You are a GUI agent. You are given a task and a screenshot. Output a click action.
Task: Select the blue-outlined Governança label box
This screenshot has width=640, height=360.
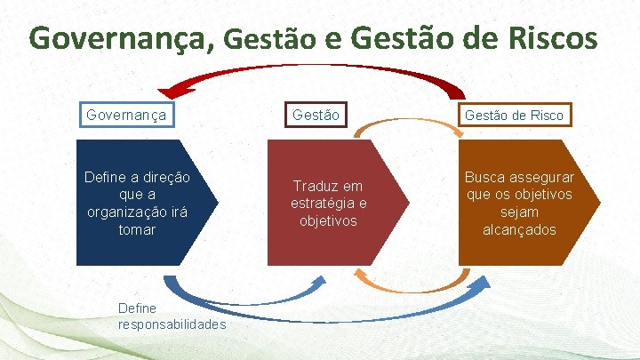click(x=126, y=115)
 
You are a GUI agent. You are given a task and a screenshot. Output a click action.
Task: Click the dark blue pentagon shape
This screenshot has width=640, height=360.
click(x=142, y=203)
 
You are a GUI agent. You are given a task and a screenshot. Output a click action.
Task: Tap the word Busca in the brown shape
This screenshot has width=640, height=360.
click(x=485, y=178)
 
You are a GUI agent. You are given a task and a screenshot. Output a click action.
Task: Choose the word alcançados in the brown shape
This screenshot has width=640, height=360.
click(x=519, y=229)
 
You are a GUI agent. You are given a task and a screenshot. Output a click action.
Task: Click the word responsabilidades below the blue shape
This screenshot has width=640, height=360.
click(x=172, y=324)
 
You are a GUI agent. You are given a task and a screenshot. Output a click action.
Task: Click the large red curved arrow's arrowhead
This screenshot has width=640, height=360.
click(x=168, y=89)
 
